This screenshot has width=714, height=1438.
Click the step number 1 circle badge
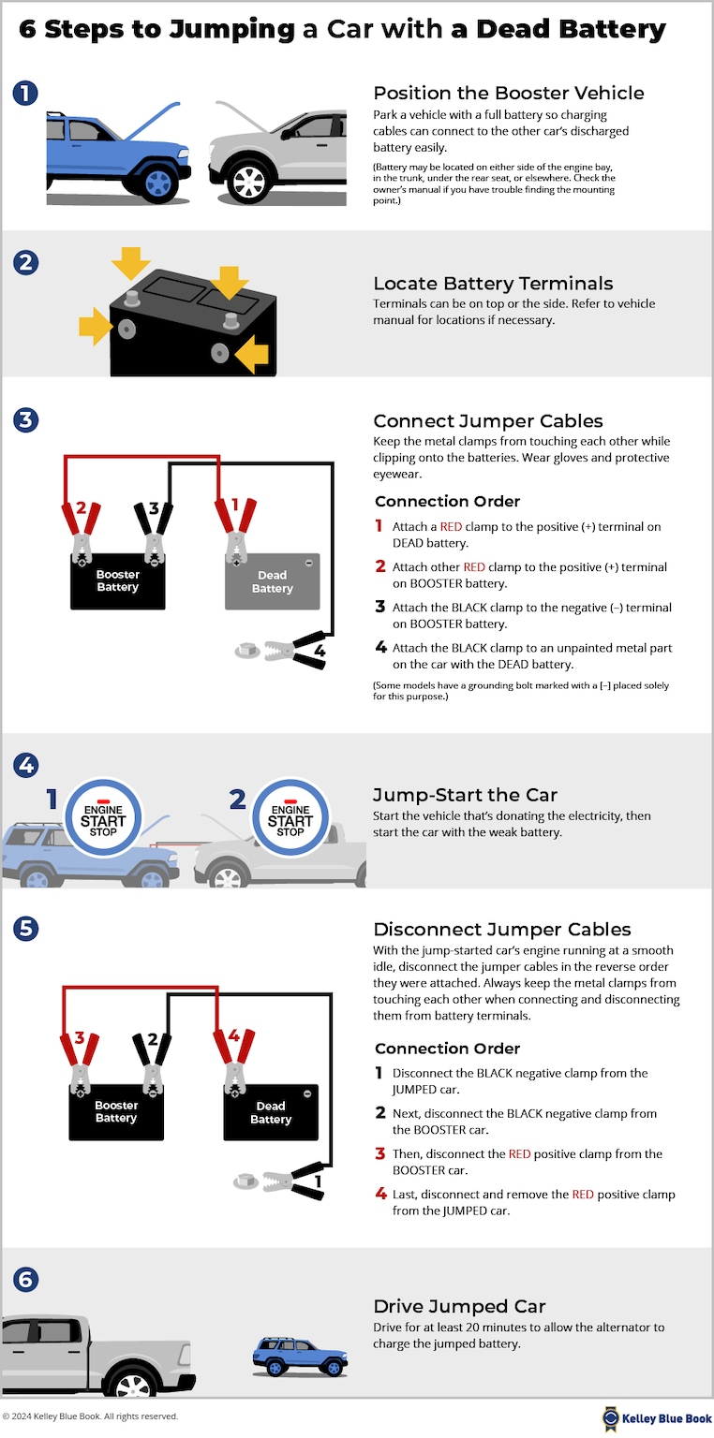(25, 93)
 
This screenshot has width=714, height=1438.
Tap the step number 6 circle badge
(25, 1279)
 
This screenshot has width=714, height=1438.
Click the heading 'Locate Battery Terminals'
(493, 284)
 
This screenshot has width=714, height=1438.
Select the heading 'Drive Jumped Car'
(459, 1306)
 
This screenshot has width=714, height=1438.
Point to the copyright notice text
(90, 1416)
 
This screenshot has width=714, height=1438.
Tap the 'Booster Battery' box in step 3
(118, 581)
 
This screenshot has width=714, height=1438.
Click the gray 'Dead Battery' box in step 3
(272, 582)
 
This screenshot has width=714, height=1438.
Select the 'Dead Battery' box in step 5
(271, 1113)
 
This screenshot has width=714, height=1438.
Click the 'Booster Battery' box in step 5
(116, 1112)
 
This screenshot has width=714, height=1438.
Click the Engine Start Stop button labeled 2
(290, 819)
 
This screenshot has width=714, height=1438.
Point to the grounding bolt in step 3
(245, 648)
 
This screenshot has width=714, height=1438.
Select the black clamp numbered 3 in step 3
(152, 531)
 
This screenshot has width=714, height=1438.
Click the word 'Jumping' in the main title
(232, 29)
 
